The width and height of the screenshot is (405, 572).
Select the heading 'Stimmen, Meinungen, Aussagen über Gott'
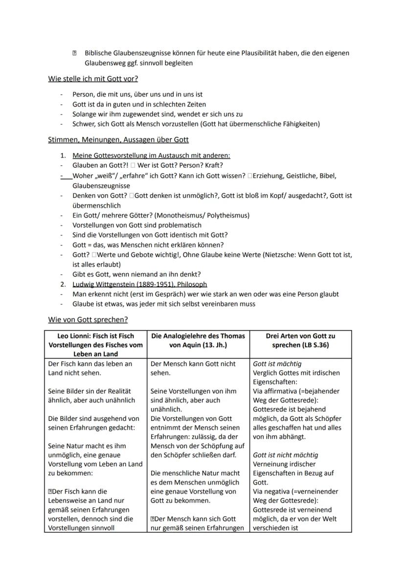tap(118, 139)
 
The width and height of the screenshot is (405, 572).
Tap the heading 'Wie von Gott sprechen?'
tap(88, 320)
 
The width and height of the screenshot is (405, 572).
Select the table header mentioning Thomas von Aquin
tap(198, 340)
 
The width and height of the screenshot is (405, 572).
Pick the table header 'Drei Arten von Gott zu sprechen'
tap(300, 340)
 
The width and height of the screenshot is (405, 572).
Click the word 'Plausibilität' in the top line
tap(262, 53)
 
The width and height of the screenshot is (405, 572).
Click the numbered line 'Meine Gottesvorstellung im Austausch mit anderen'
tap(151, 156)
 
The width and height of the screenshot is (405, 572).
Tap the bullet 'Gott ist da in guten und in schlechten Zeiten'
tap(139, 104)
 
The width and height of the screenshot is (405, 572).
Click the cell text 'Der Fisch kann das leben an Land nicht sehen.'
tap(90, 368)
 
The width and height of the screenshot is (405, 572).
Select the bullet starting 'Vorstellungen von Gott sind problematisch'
tap(136, 225)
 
